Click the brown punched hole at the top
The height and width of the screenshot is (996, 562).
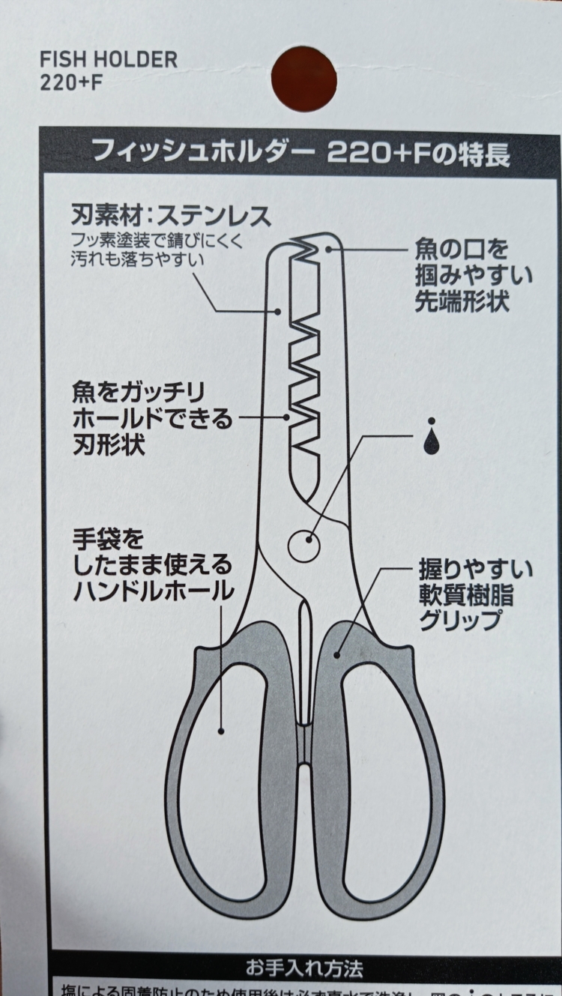[x=303, y=79]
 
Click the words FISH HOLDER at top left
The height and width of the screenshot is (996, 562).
[x=109, y=60]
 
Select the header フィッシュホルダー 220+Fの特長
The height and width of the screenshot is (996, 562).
[x=300, y=154]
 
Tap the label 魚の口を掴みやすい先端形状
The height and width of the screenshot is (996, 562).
[x=473, y=274]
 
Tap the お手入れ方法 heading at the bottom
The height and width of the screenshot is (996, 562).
[x=304, y=968]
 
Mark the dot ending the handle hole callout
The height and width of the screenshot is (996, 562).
[x=221, y=729]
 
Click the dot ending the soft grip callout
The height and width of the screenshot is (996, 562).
[x=337, y=654]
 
